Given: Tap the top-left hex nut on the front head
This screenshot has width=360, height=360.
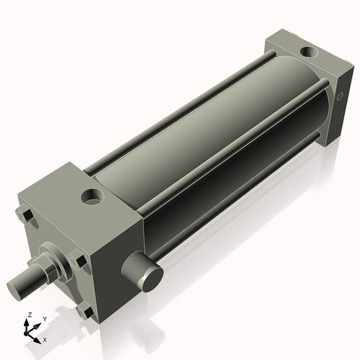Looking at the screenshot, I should [x=22, y=215].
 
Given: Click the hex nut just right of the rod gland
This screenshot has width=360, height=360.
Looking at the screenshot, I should [x=77, y=259].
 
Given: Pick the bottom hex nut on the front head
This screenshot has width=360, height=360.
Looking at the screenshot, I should [x=84, y=311].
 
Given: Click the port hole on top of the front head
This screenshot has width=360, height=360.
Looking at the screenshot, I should [x=93, y=194].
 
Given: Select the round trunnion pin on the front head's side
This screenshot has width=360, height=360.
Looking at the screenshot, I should [x=143, y=273].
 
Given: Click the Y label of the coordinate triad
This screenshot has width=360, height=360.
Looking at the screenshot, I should [x=44, y=318].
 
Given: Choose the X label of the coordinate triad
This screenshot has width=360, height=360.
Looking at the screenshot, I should [x=45, y=338].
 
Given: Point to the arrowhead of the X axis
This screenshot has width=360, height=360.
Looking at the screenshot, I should [x=38, y=337].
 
